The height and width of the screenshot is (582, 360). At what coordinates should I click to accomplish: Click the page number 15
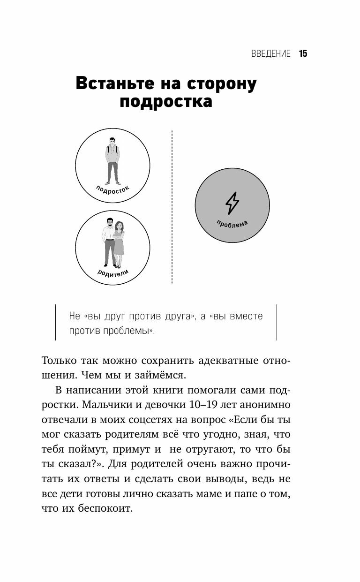coord(302,53)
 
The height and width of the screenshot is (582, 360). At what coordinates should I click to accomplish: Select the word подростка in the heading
coord(166,102)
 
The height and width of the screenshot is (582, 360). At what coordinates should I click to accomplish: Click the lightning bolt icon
coord(232,203)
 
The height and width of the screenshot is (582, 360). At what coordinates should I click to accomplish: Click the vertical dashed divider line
coord(172,206)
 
